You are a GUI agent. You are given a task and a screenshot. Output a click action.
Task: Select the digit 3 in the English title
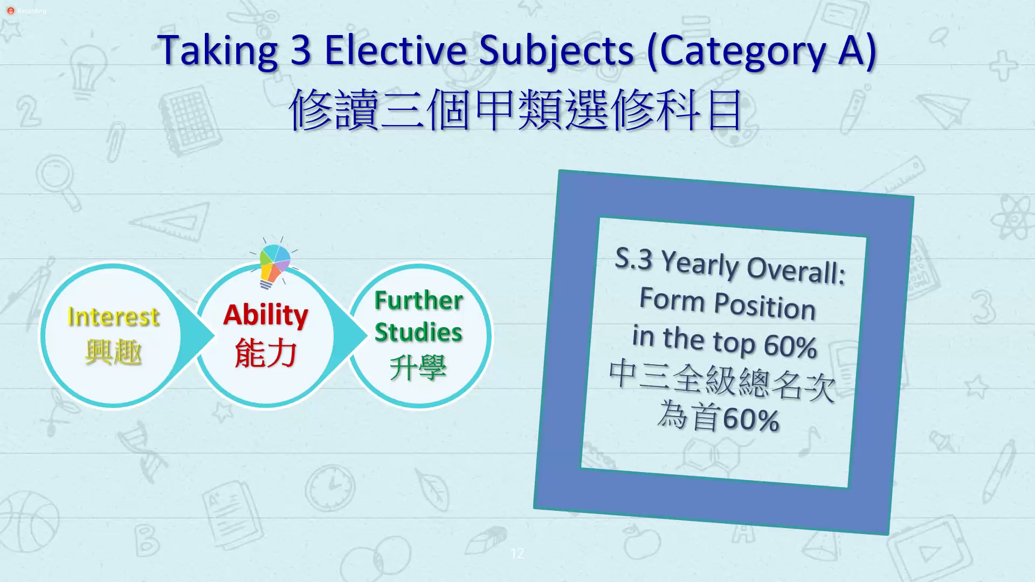pos(301,50)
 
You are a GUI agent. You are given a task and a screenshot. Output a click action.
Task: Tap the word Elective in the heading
pos(395,50)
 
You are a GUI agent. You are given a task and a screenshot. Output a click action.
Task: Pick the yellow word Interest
pos(113,316)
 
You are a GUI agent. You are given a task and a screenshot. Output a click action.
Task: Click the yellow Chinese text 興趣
pos(113,352)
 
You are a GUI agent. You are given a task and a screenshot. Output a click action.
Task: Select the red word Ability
pos(266,315)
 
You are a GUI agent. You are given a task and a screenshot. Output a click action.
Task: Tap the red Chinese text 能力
pos(266,353)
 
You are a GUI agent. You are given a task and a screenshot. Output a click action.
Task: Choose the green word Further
pos(419,300)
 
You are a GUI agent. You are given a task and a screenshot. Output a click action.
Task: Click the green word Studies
pos(418,332)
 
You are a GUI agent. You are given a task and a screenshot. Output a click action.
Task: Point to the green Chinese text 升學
pos(418,368)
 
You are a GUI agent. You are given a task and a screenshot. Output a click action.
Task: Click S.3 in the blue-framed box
pos(634,259)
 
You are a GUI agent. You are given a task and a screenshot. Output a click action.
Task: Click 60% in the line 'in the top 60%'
pos(790,346)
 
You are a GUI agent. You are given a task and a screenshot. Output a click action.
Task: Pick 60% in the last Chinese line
pos(751,419)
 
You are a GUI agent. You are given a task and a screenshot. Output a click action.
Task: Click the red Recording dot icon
pos(10,11)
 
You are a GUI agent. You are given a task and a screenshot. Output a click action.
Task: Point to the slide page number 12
pos(517,553)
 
